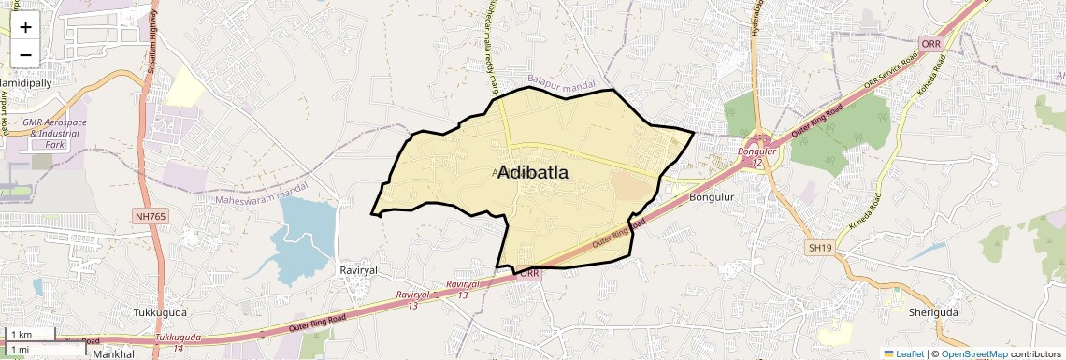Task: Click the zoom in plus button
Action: point(25,27)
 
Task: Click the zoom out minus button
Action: point(25,54)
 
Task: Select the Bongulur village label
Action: point(712,197)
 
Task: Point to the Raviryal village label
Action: point(357,269)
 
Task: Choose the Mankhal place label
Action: point(113,354)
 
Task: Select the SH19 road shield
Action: point(819,247)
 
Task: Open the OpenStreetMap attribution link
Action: point(973,353)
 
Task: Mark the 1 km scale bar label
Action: point(21,335)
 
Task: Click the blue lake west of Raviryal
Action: point(305,234)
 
